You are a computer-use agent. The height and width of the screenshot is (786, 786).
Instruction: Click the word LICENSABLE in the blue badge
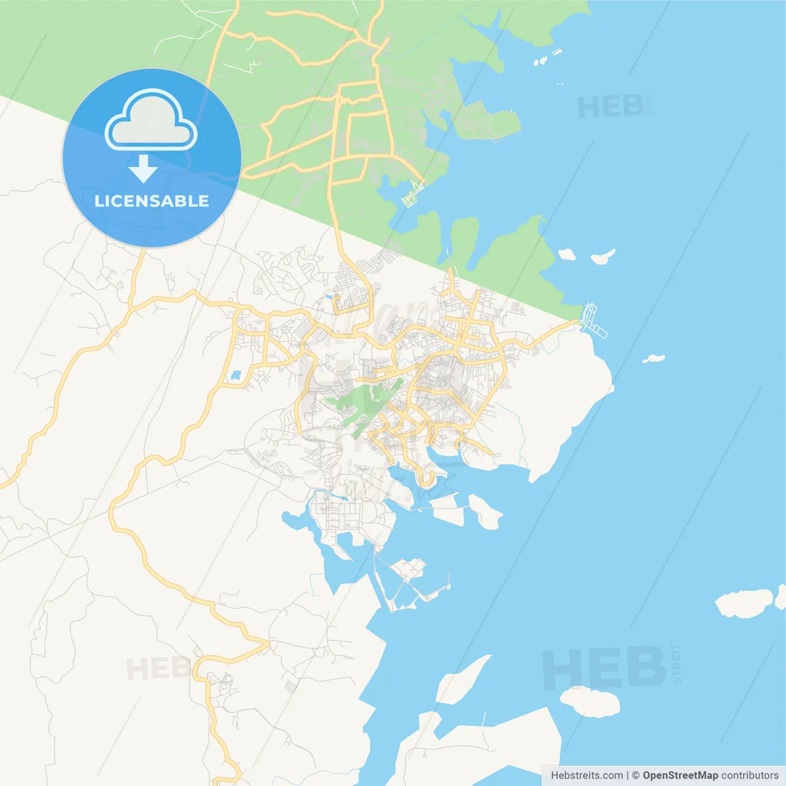tap(152, 201)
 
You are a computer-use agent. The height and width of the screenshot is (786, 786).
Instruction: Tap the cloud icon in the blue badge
tap(151, 120)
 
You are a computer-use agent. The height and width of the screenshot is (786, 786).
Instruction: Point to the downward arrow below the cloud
tap(143, 169)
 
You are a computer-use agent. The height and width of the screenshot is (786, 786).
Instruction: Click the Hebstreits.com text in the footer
tap(586, 776)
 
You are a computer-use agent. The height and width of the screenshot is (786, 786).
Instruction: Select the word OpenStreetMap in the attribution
tap(680, 776)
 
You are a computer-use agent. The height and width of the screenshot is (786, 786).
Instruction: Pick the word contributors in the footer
tap(750, 776)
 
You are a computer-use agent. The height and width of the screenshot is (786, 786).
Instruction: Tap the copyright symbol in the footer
tap(636, 776)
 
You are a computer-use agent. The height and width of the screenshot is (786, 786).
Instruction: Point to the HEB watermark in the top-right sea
tap(610, 107)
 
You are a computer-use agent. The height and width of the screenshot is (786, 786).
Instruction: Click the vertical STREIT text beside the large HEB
tap(676, 664)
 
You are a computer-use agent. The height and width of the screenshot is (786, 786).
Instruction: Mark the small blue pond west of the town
tap(235, 375)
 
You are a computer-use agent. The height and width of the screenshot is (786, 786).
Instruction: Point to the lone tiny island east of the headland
tap(653, 358)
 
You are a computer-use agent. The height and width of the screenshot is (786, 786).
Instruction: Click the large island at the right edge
tap(744, 603)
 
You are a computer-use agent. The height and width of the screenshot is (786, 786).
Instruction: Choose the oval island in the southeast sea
tap(589, 701)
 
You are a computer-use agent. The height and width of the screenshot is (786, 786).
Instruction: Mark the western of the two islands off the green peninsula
tap(566, 254)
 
